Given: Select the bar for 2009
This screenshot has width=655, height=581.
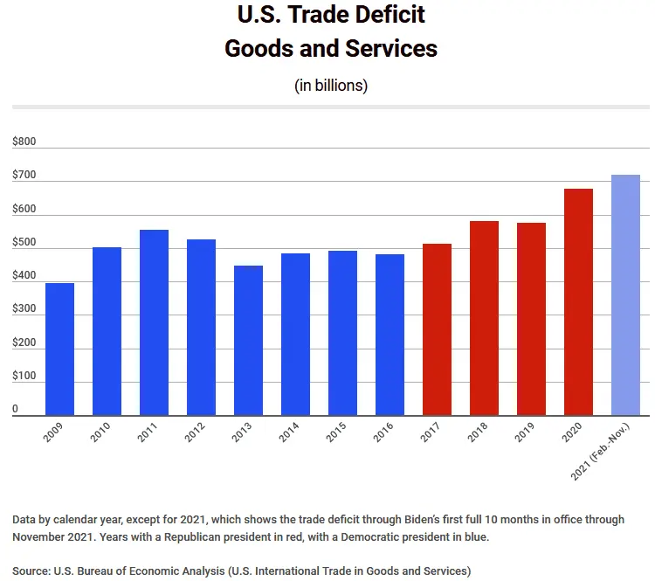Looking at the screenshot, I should [x=59, y=349].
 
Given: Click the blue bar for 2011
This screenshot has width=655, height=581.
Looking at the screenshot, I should [x=154, y=322].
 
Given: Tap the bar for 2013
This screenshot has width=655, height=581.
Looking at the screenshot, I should [x=248, y=341].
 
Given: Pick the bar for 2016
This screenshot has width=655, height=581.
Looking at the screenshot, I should [x=390, y=335].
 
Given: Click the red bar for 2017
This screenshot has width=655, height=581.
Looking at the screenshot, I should [x=437, y=329].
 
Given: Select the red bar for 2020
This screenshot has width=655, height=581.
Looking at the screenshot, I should [x=578, y=302].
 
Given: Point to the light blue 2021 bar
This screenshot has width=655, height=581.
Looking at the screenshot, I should [x=625, y=295].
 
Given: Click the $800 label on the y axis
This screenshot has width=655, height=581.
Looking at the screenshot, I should [x=24, y=142].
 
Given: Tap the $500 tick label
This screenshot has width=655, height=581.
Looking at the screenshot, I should [x=24, y=242].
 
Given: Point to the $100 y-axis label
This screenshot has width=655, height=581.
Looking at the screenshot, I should [x=24, y=376].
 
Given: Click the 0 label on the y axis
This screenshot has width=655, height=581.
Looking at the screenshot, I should [x=15, y=409].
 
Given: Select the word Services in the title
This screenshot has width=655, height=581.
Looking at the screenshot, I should [x=387, y=48].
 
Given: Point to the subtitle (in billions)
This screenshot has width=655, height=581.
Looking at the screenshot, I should [x=331, y=86].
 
